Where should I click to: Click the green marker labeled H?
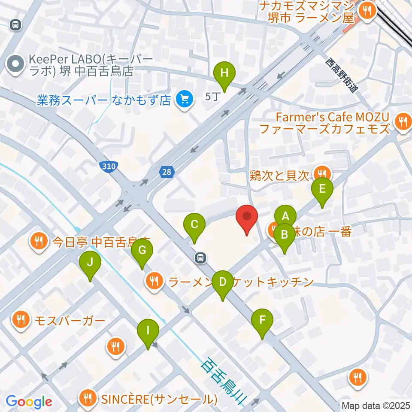(x=224, y=73)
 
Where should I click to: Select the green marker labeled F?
(x=262, y=320)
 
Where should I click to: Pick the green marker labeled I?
(x=148, y=330)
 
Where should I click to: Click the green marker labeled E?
(x=322, y=188)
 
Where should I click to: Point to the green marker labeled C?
(x=194, y=224)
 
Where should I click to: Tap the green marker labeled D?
(x=222, y=282)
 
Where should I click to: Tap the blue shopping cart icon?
(x=185, y=100)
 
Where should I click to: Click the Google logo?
(x=29, y=402)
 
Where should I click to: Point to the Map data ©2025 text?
(x=376, y=405)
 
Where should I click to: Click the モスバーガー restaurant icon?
(x=20, y=320)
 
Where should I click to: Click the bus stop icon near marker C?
(x=200, y=258)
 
